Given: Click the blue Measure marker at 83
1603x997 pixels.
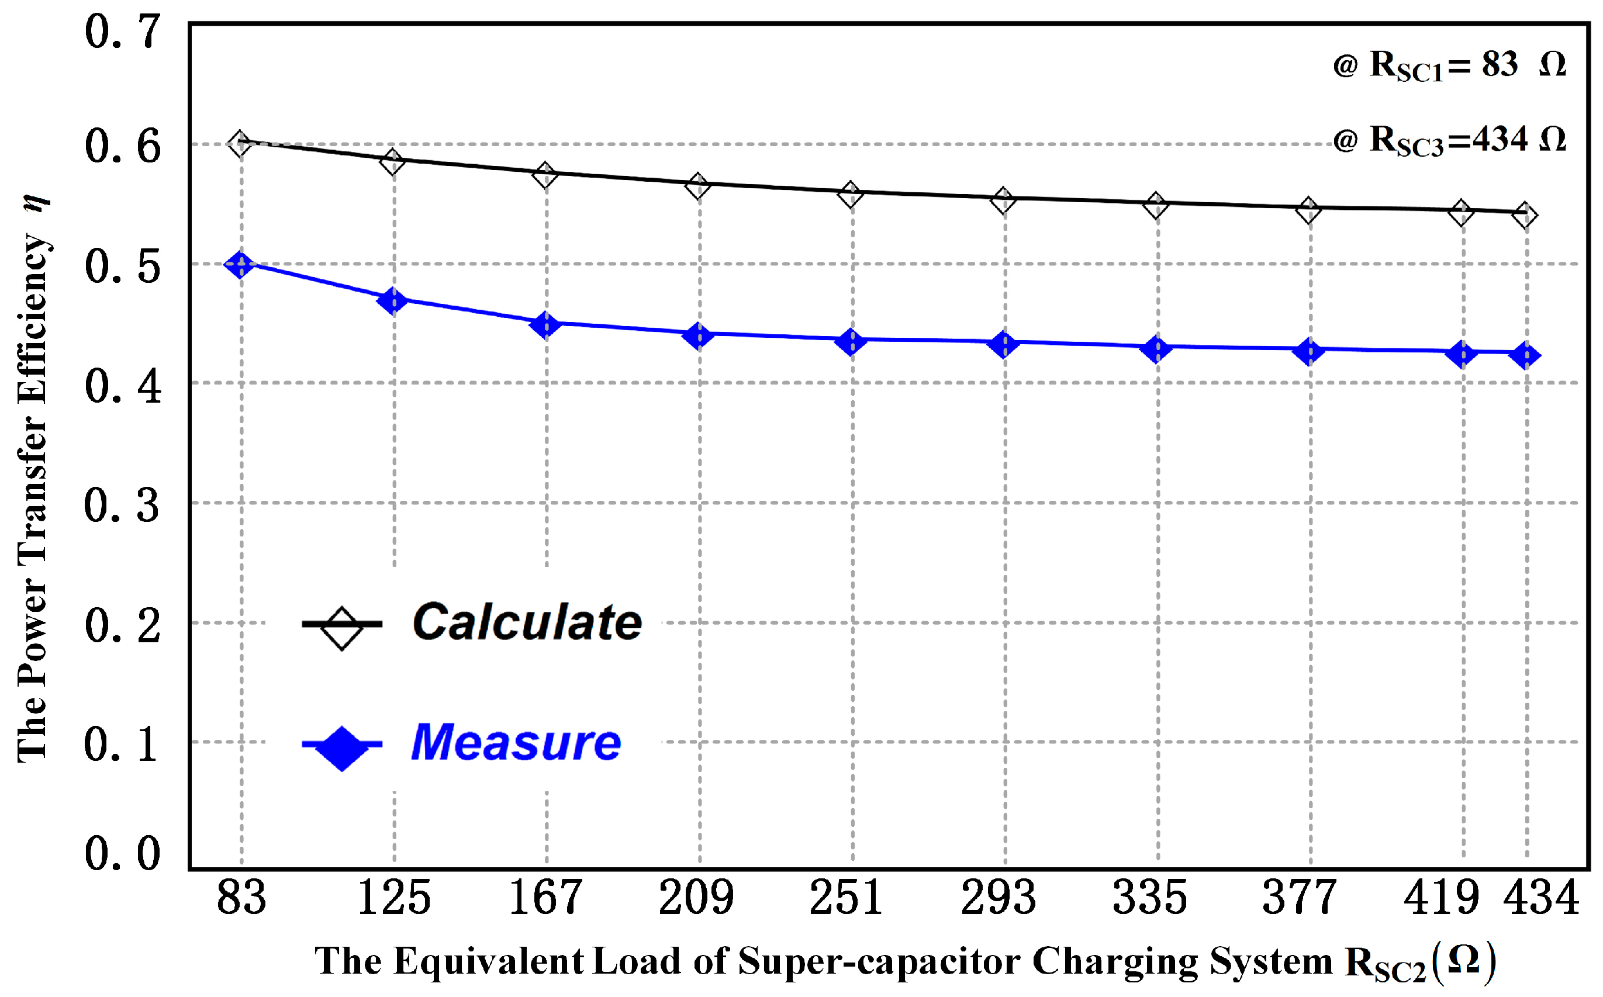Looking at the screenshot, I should tap(240, 264).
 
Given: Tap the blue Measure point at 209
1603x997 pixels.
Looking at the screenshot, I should tap(698, 335).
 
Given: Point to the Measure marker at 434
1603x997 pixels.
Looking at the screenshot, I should tap(1525, 355).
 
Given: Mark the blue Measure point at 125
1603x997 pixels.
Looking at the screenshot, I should tap(393, 301).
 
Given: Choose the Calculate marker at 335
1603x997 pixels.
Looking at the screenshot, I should tap(1156, 205).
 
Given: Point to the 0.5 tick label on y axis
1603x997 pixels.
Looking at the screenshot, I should tap(123, 267).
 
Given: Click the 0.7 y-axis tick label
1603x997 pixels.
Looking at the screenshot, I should tap(123, 32).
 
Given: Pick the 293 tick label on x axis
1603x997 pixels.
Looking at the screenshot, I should tap(999, 898).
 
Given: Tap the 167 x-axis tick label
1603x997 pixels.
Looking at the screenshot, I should tap(546, 898).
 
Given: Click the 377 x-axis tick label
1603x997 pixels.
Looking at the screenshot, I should tap(1300, 898).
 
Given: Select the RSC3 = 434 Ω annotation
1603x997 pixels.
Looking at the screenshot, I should tap(1449, 140).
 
